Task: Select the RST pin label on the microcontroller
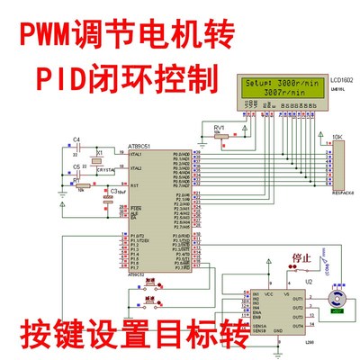tap(133, 185)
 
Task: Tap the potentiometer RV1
tap(219, 139)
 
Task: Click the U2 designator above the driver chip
tap(307, 281)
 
